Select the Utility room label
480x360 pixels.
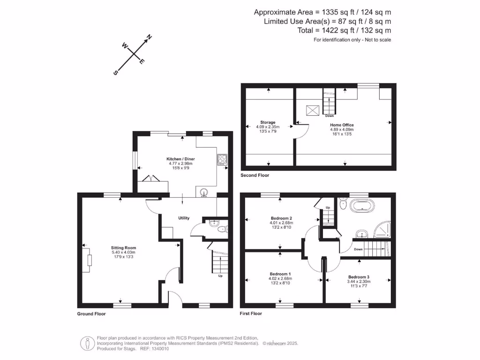click(x=183, y=218)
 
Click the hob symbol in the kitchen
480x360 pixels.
click(x=222, y=159)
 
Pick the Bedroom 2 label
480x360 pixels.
click(x=281, y=218)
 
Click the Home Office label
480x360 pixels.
click(x=342, y=125)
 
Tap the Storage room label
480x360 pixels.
click(x=268, y=122)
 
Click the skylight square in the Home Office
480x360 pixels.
click(x=313, y=110)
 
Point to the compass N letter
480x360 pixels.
click(x=150, y=37)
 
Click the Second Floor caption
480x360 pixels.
click(x=255, y=175)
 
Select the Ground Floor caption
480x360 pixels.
click(x=91, y=314)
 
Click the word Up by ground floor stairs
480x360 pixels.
click(x=220, y=276)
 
